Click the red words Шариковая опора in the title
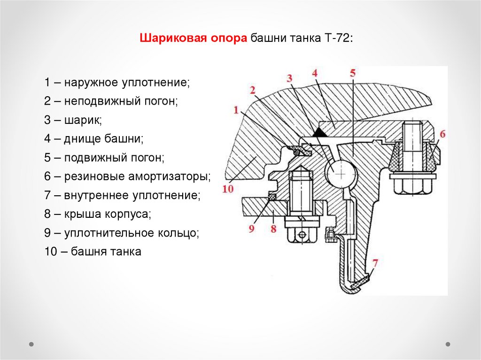pos(193,38)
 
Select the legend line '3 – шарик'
pos(73,120)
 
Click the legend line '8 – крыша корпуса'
pos(98,214)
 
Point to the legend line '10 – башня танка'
pos(93,252)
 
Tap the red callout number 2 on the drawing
pos(253,89)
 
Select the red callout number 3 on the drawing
pos(290,77)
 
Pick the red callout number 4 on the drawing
pos(315,73)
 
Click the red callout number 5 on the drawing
pos(353,73)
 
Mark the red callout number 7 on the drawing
pos(374,263)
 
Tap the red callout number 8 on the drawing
pos(273,229)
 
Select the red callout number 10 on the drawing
pos(228,189)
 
